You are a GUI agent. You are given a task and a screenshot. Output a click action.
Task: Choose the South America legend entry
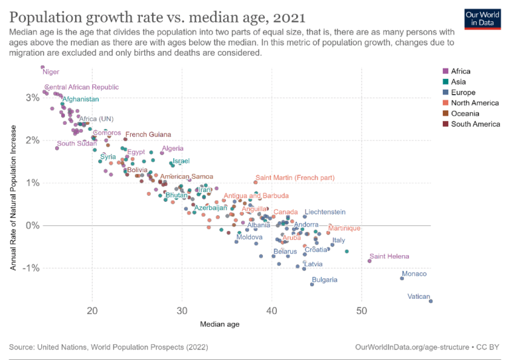click(x=475, y=124)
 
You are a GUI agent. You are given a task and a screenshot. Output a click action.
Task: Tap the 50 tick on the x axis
click(x=361, y=311)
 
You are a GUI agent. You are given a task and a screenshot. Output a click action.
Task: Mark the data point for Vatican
click(x=430, y=301)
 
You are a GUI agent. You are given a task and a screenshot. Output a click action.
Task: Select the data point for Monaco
click(x=402, y=278)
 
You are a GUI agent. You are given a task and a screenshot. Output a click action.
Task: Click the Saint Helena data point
click(x=370, y=261)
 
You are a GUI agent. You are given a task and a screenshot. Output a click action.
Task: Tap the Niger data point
click(x=42, y=67)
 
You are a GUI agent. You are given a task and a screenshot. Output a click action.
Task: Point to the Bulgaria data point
click(x=312, y=284)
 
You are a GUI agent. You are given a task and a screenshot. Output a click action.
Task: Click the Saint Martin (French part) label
click(x=296, y=178)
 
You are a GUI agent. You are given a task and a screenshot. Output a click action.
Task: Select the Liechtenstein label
click(x=325, y=212)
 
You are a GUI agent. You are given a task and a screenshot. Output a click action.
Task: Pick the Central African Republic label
click(x=82, y=87)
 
